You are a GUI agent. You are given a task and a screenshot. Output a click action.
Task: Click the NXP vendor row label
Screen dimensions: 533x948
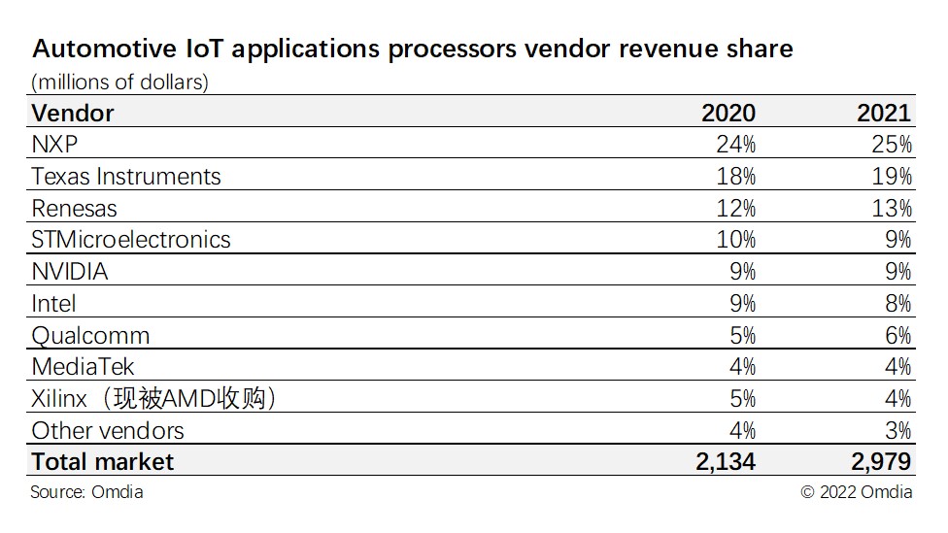(x=55, y=145)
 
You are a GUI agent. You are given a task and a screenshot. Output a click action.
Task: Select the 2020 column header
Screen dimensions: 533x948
(x=728, y=113)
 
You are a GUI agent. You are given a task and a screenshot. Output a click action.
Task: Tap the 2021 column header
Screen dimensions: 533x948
(x=883, y=113)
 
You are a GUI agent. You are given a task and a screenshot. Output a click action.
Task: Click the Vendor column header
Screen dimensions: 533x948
(x=73, y=113)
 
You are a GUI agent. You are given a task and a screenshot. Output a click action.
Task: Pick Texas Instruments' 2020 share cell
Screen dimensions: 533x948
(x=735, y=177)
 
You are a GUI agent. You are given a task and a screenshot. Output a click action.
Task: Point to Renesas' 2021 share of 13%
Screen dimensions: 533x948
(x=891, y=208)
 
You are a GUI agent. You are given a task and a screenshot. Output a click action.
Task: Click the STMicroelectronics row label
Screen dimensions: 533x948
(x=131, y=240)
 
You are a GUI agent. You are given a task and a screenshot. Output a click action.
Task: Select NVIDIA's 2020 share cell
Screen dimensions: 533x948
(x=742, y=272)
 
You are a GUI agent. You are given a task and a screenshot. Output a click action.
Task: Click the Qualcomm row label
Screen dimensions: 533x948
(x=90, y=335)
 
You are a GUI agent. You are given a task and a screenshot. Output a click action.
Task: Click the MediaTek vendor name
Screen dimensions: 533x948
(x=83, y=367)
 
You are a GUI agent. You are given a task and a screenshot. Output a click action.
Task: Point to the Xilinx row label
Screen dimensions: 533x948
(x=153, y=398)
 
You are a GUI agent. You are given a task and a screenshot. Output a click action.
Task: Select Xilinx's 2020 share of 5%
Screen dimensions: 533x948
(x=742, y=398)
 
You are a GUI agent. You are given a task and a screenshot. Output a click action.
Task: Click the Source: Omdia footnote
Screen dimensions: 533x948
(x=86, y=492)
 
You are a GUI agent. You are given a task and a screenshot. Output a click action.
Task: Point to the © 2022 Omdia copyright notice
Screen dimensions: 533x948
(x=857, y=492)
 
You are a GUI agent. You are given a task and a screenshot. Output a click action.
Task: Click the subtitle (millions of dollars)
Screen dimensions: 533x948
(x=120, y=82)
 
